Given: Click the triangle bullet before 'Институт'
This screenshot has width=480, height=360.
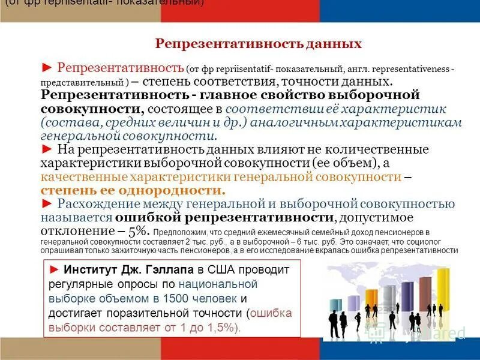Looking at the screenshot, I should tap(55, 270).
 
